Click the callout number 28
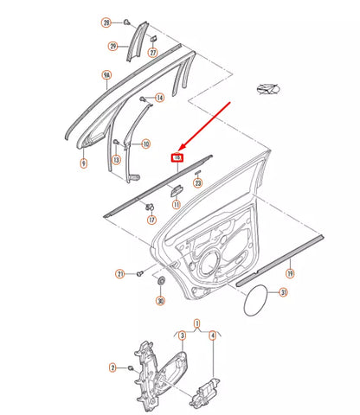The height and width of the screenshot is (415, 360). click(x=106, y=22)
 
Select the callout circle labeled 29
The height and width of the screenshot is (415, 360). click(x=113, y=46)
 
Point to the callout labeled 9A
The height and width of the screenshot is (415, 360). click(x=107, y=77)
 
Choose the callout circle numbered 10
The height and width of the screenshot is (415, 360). click(x=145, y=144)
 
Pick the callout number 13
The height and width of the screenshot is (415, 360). click(x=117, y=161)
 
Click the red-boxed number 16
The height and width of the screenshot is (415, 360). click(x=177, y=158)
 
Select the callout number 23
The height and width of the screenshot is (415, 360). click(x=197, y=182)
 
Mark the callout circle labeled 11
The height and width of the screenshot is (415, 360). click(x=176, y=205)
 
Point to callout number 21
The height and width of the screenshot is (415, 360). click(x=120, y=274)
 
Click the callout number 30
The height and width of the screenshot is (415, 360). click(x=160, y=301)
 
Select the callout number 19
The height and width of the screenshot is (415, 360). click(x=290, y=274)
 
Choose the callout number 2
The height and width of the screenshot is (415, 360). click(x=112, y=368)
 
